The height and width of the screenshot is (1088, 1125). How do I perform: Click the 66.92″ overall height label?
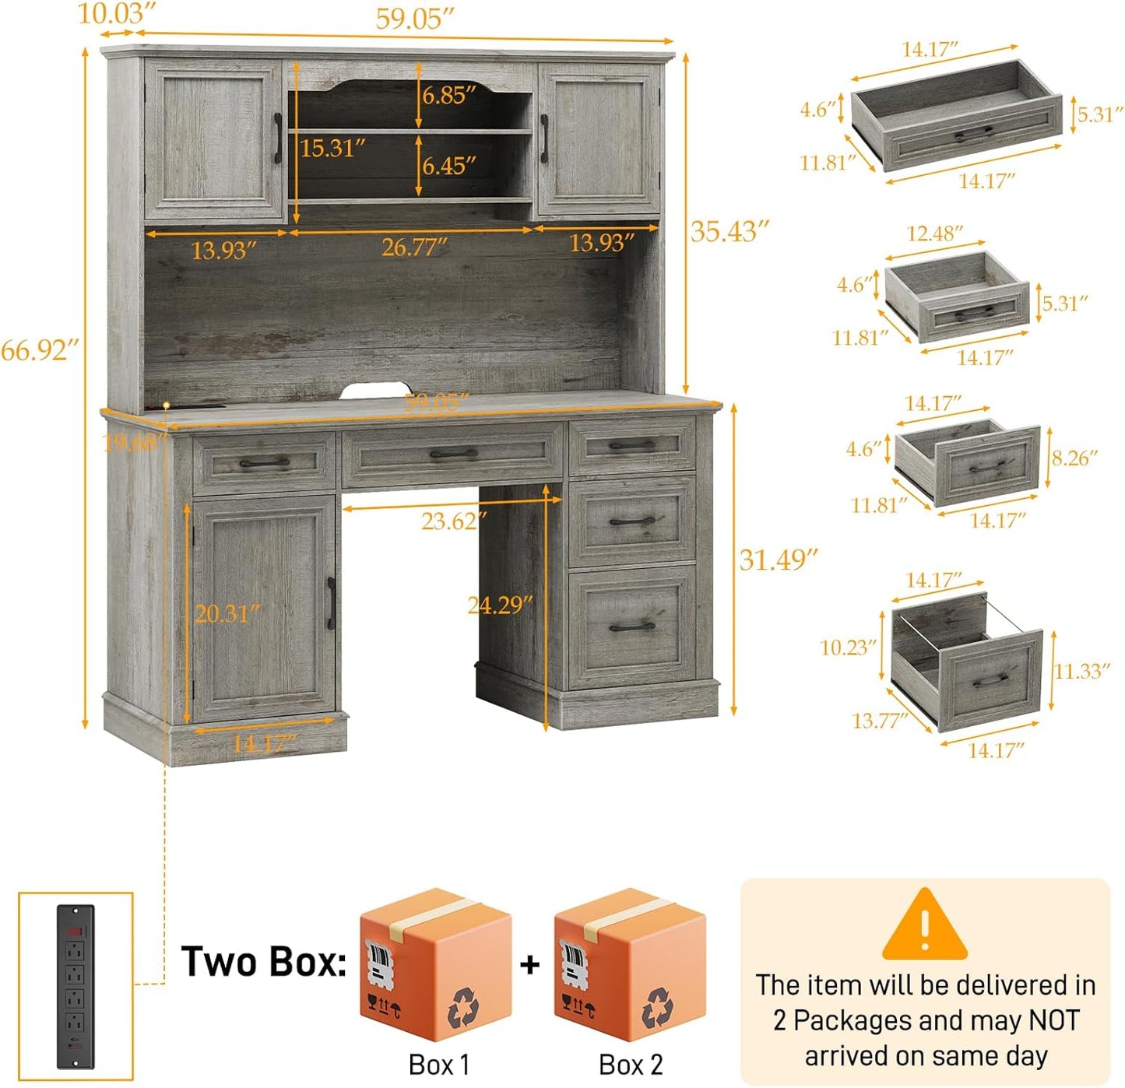point(39,350)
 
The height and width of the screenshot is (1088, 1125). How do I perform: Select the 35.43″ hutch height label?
point(729,231)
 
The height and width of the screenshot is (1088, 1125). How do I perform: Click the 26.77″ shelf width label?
point(414,247)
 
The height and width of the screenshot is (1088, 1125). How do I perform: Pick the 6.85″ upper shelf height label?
point(449,95)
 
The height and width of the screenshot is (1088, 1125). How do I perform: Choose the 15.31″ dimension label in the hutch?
point(332,147)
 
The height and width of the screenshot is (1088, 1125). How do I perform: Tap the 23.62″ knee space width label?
point(454,521)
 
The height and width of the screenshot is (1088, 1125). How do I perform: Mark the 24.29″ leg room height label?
point(500,605)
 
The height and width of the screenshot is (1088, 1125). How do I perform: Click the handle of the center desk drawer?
point(454,454)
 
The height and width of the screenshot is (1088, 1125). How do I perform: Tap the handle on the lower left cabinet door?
point(331,603)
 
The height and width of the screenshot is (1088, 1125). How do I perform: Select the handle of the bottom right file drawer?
point(632,626)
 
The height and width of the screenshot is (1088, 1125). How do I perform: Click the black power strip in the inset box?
point(75,985)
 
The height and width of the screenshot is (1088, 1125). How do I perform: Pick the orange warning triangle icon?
point(924,925)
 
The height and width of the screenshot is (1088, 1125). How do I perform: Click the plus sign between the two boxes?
point(530,964)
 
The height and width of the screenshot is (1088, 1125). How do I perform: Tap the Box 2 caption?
point(631,1065)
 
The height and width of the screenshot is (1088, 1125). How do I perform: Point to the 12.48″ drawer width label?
point(934,233)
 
